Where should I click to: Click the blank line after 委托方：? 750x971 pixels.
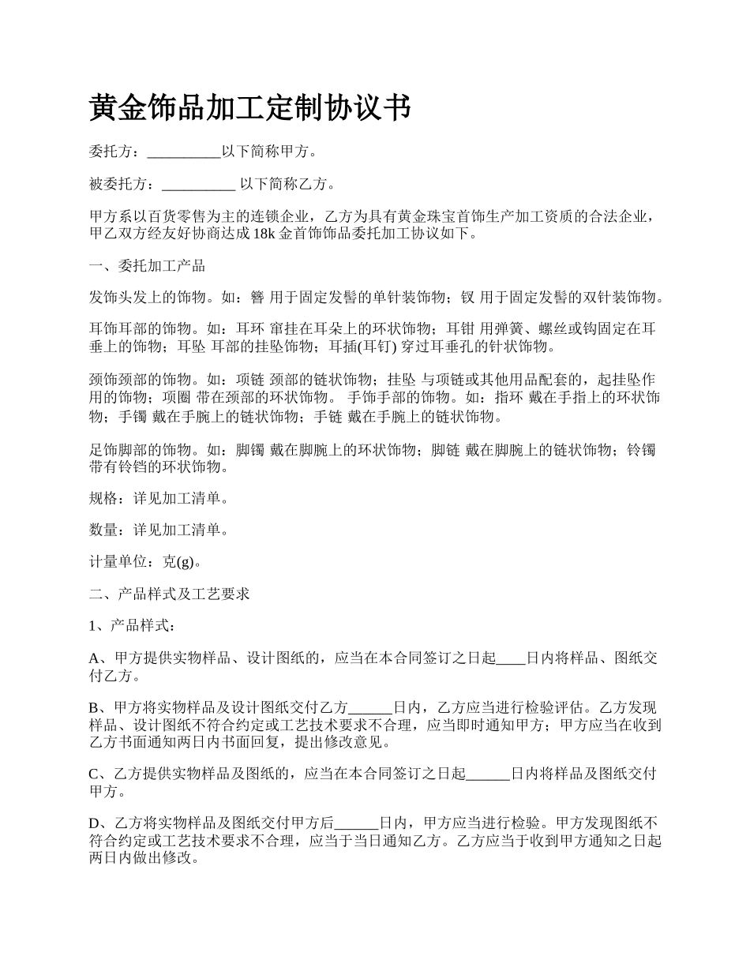click(184, 152)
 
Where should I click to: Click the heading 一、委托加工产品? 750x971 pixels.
click(148, 265)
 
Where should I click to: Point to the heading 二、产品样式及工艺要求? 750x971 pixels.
click(170, 594)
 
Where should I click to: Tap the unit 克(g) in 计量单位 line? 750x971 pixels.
click(178, 562)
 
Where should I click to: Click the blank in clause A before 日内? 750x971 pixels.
click(511, 658)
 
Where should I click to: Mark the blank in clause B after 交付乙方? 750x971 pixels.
click(370, 707)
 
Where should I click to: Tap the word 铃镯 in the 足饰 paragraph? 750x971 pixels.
click(640, 451)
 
